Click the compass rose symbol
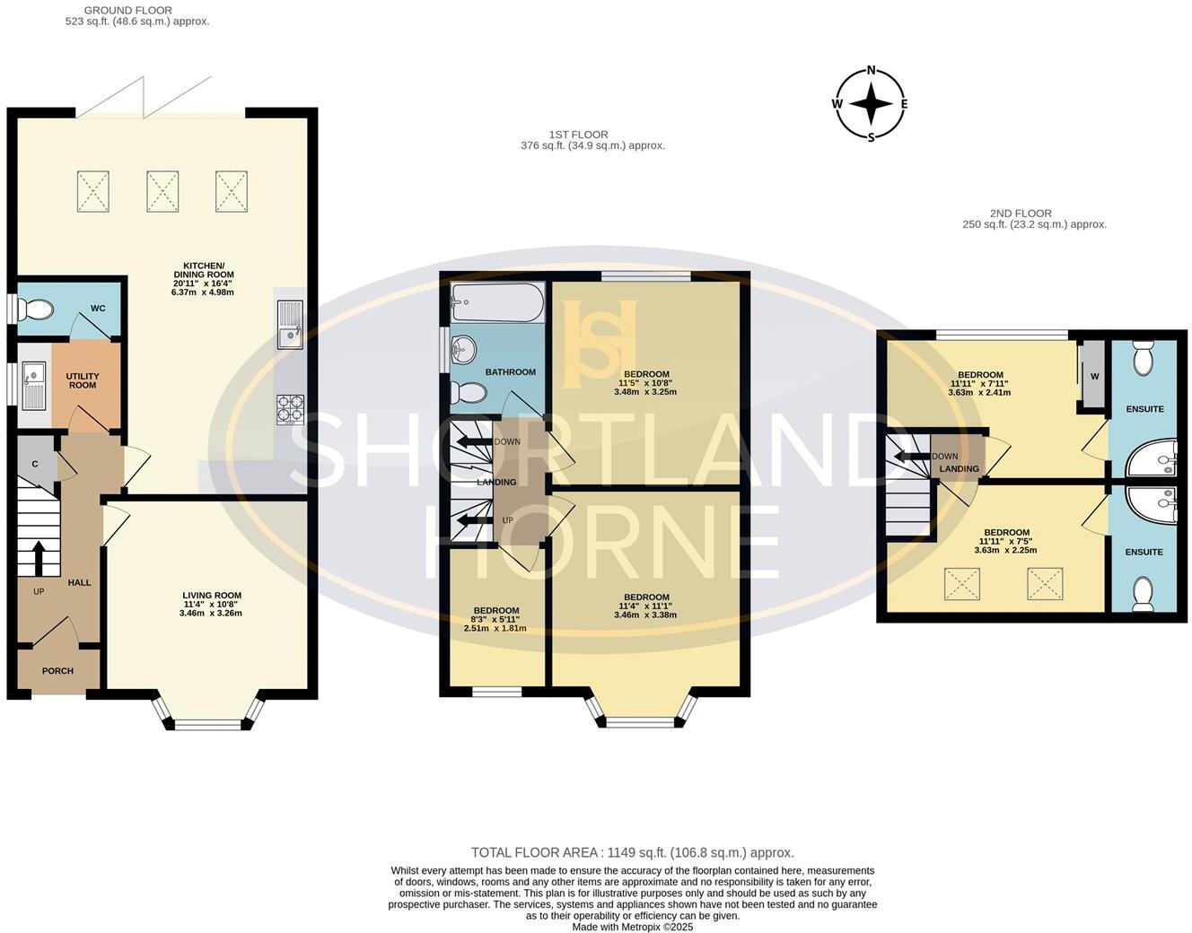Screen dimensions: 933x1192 click(x=870, y=104)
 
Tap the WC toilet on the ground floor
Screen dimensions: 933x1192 click(x=37, y=310)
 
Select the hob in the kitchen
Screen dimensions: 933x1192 click(x=290, y=409)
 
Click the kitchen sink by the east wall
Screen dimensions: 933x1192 click(x=290, y=324)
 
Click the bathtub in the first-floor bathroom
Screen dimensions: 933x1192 click(x=497, y=303)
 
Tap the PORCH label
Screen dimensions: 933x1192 click(x=57, y=671)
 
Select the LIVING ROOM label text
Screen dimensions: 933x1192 click(x=212, y=596)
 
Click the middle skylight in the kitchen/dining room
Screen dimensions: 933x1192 click(x=162, y=191)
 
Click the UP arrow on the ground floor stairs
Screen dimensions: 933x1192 click(x=39, y=557)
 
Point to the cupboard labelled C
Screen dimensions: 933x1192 click(x=35, y=464)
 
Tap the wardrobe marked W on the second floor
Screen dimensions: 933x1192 click(x=1093, y=376)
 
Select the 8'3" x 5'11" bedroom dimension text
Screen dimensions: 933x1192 click(x=495, y=619)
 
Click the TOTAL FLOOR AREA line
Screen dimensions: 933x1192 click(x=632, y=853)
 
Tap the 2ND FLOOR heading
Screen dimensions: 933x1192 click(x=1021, y=214)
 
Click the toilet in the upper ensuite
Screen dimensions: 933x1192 click(x=1144, y=359)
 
